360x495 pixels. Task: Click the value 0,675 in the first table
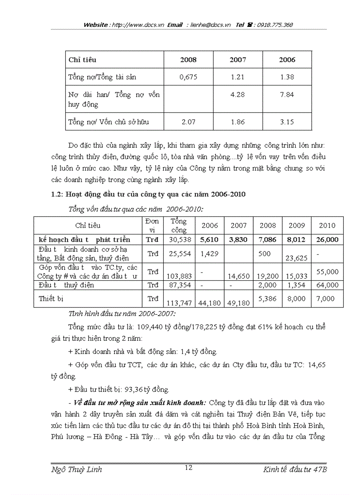pos(188,77)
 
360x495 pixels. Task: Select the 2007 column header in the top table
pos(238,60)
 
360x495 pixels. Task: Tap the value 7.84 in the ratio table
pos(287,95)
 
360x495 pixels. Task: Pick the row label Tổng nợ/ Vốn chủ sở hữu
pos(109,122)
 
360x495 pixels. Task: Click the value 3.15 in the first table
pos(287,122)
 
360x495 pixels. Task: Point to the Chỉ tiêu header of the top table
pos(82,60)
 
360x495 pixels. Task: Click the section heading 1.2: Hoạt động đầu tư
pos(148,194)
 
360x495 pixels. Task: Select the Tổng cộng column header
pos(179,225)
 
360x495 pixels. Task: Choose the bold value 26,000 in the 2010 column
pos(327,240)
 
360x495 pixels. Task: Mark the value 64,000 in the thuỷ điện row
pos(327,285)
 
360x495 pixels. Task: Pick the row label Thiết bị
pos(51,298)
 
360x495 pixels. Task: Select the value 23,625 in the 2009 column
pos(296,258)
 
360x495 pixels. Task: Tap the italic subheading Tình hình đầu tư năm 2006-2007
pos(122,314)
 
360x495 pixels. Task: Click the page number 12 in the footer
pos(188,468)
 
